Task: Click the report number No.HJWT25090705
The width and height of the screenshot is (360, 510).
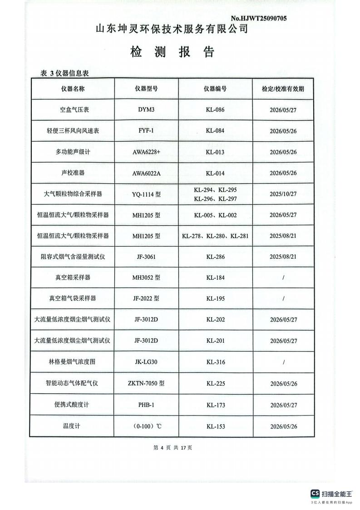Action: (x=258, y=18)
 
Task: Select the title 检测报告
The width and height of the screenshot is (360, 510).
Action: (x=172, y=52)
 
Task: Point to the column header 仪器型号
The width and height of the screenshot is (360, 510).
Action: (x=146, y=89)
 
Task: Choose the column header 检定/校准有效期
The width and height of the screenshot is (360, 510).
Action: (x=283, y=89)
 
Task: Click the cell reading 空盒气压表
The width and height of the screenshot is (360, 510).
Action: (x=73, y=110)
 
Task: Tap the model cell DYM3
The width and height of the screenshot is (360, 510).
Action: (x=146, y=110)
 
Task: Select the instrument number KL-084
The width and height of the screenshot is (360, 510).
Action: (x=215, y=131)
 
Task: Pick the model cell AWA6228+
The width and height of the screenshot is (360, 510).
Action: (x=146, y=152)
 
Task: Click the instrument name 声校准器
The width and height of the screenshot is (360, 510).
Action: (x=73, y=173)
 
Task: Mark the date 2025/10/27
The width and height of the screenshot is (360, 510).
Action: (x=283, y=194)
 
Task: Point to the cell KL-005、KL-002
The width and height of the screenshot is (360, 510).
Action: (x=215, y=215)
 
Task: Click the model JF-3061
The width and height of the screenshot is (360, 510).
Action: (x=146, y=257)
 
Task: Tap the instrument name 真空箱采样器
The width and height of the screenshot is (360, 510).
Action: (x=73, y=277)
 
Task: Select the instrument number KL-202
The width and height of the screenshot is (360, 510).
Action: (x=215, y=320)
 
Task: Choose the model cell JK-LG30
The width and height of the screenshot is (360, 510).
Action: (x=146, y=362)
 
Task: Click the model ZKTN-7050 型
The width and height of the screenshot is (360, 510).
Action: (x=146, y=383)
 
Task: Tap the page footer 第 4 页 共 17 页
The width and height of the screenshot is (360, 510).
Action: (x=173, y=448)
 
